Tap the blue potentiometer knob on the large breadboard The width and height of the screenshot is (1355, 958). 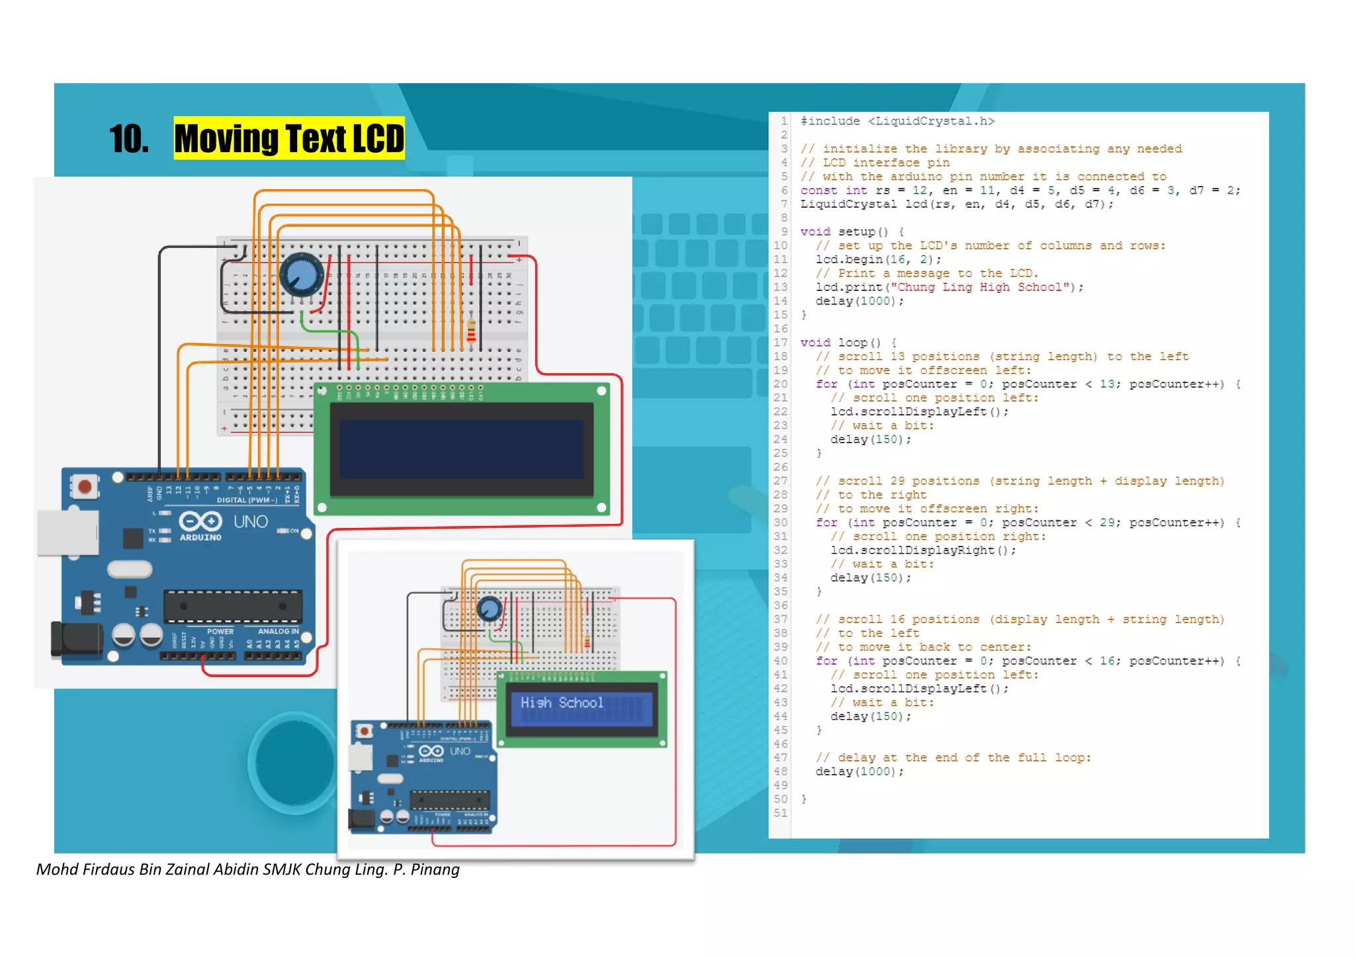[x=302, y=275]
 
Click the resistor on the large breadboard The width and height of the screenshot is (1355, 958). [x=471, y=329]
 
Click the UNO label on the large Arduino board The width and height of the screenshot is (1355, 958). [x=251, y=522]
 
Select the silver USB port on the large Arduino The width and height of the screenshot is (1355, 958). [x=67, y=533]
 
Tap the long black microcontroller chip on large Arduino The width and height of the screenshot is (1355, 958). [x=233, y=606]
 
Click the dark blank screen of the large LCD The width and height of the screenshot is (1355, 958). [x=461, y=449]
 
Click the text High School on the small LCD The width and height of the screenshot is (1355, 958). [x=562, y=703]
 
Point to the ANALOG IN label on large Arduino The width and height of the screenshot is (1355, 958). [x=278, y=632]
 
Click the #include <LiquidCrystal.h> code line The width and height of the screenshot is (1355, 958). [x=897, y=121]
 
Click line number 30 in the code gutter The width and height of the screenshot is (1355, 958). [x=781, y=523]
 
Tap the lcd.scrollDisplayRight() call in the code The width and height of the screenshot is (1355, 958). [x=923, y=550]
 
